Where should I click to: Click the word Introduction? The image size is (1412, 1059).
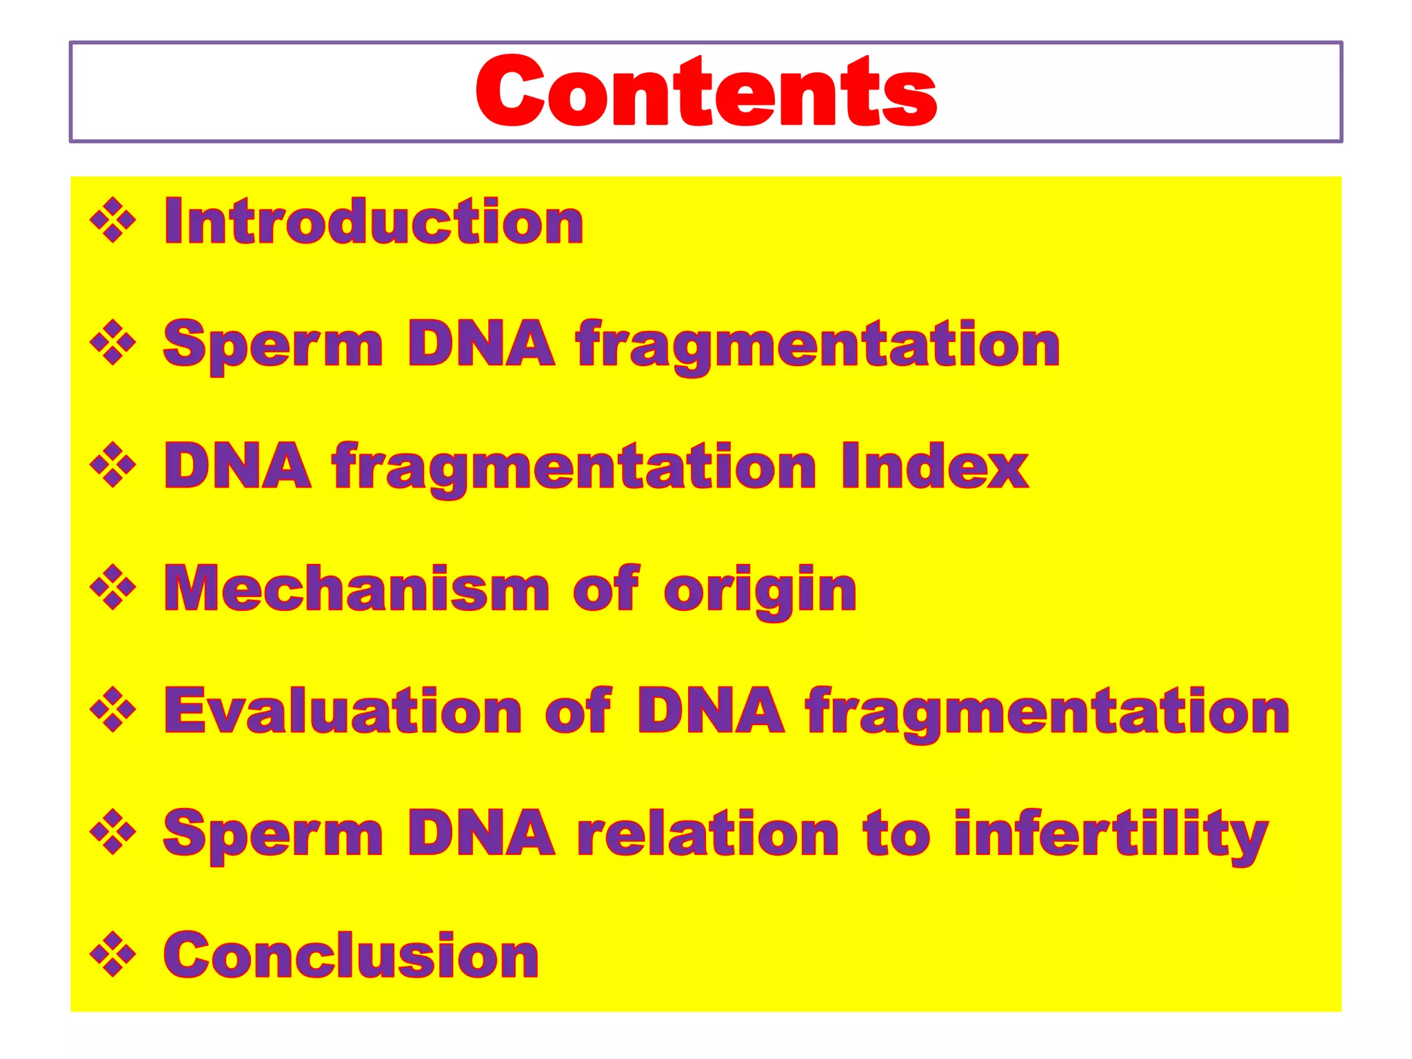tap(374, 221)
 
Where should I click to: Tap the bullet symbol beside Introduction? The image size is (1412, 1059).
tap(112, 221)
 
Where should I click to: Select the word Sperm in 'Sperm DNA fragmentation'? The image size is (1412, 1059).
tap(272, 344)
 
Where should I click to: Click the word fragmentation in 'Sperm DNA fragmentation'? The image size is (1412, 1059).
tap(818, 344)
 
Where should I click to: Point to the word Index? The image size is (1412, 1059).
tap(934, 467)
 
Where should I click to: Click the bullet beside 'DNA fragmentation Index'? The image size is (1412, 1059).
tap(112, 466)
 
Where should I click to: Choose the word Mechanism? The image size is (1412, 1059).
tap(356, 589)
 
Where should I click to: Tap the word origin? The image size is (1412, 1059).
tap(760, 590)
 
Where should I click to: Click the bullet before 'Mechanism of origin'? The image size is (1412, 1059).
tap(112, 588)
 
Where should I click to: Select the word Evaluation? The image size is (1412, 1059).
tap(343, 711)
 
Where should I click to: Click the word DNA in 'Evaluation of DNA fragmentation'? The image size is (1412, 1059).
tap(710, 711)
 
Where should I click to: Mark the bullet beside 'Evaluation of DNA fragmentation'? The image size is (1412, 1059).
tap(112, 710)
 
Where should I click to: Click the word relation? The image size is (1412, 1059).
tap(708, 834)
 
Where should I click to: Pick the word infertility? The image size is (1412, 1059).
tap(1111, 834)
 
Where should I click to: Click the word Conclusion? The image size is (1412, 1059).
tap(351, 956)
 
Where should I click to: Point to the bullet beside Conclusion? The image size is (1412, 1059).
tap(112, 955)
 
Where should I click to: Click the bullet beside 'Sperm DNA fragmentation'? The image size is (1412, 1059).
tap(112, 343)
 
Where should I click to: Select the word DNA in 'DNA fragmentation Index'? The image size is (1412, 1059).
tap(238, 467)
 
